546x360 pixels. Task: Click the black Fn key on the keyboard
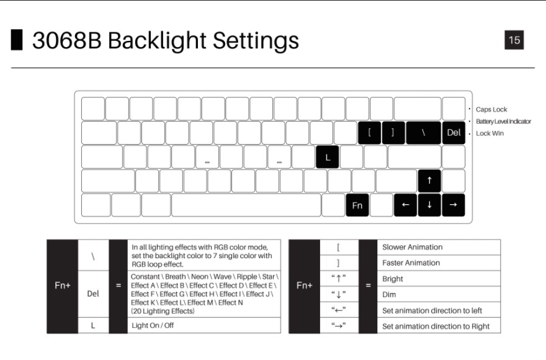[357, 205]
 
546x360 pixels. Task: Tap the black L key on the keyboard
[328, 157]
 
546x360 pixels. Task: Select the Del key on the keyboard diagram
[454, 133]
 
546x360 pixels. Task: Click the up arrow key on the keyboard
[429, 181]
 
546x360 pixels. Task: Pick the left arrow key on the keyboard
[405, 205]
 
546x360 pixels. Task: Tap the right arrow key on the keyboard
[454, 205]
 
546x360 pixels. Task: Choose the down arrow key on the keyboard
[429, 205]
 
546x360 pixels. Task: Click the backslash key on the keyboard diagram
[423, 133]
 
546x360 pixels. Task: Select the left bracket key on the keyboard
[369, 133]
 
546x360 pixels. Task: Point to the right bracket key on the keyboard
[393, 133]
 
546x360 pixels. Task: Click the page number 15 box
[514, 40]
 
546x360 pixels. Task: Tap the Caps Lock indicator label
[491, 109]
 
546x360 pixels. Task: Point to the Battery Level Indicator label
[503, 121]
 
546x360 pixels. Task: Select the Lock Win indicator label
[490, 133]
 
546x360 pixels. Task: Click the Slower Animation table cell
[439, 247]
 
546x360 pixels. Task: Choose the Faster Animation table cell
[439, 263]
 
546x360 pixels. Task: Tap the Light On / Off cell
[204, 325]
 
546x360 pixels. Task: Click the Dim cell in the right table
[439, 294]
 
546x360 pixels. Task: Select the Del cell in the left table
[93, 294]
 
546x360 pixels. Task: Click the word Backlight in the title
[157, 40]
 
